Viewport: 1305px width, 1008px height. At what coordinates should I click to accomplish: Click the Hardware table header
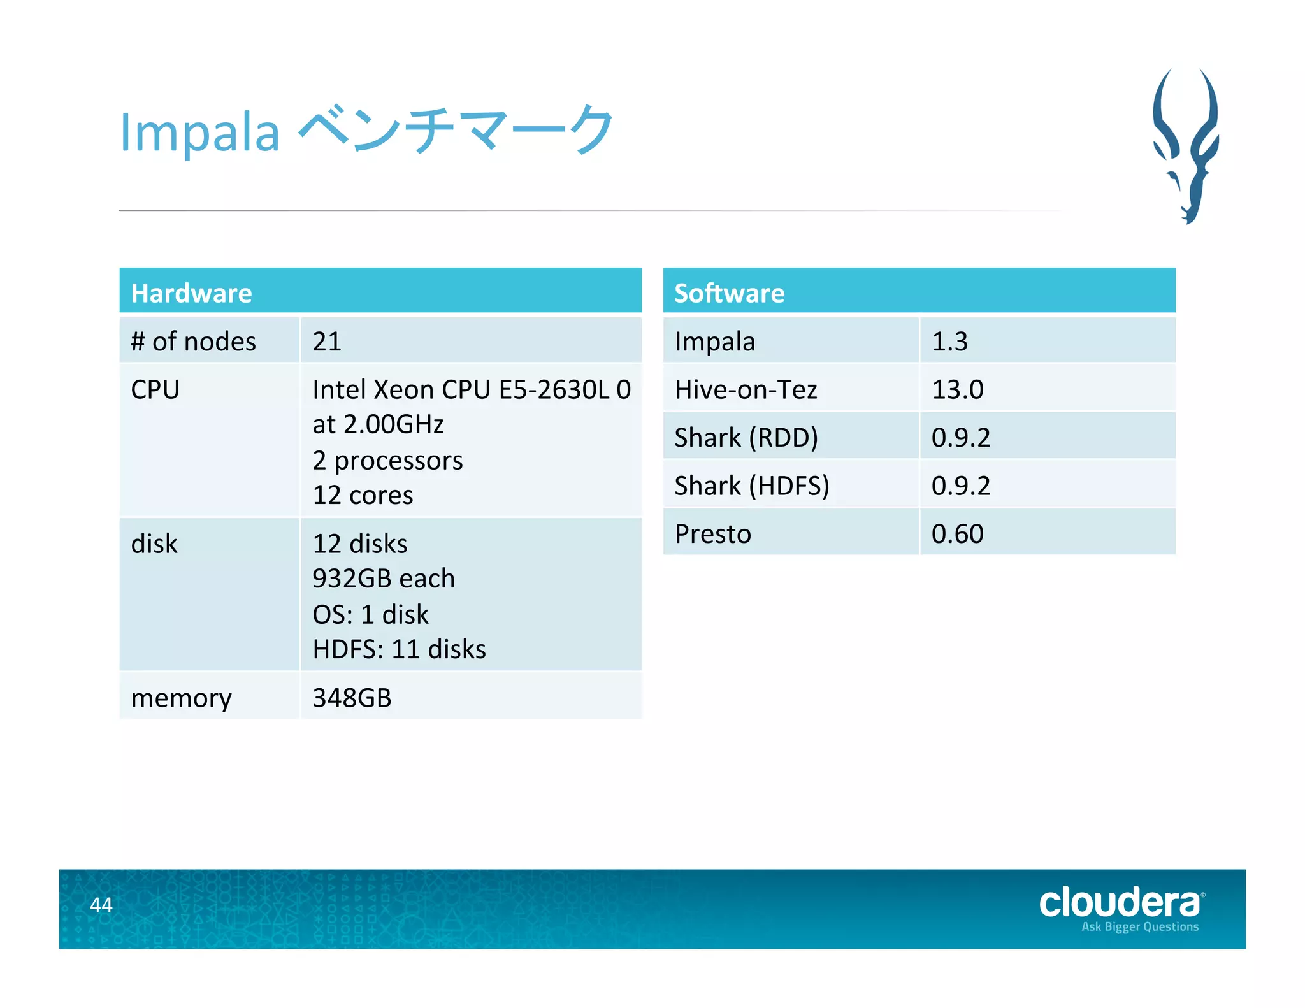(x=191, y=293)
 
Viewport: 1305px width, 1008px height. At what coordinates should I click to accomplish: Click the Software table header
(x=729, y=293)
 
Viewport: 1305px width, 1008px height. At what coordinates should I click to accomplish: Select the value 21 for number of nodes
(x=327, y=342)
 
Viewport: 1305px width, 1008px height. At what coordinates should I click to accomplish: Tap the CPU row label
(x=155, y=389)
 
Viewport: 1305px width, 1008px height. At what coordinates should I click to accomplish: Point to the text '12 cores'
(x=363, y=495)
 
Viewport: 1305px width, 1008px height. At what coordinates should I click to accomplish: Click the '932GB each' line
(x=384, y=579)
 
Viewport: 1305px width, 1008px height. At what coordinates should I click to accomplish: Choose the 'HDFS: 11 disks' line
(x=399, y=649)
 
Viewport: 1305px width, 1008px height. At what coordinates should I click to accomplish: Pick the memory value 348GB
(x=352, y=698)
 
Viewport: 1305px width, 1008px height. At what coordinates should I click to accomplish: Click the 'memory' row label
(x=181, y=698)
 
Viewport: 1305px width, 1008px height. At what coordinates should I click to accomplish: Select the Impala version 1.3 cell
(x=949, y=342)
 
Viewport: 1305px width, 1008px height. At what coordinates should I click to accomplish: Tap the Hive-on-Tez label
(x=746, y=389)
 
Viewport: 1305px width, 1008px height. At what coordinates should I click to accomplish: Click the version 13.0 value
(x=957, y=389)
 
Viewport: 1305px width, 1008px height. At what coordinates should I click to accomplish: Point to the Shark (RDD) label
(x=746, y=438)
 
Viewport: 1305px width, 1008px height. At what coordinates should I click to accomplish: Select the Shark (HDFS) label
(x=751, y=486)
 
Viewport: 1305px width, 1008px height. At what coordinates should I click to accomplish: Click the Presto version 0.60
(x=957, y=534)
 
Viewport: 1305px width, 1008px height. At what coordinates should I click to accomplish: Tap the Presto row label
(x=712, y=534)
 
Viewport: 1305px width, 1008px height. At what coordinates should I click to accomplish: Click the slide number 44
(x=101, y=904)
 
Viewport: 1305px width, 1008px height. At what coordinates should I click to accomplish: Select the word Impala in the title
(x=199, y=133)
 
